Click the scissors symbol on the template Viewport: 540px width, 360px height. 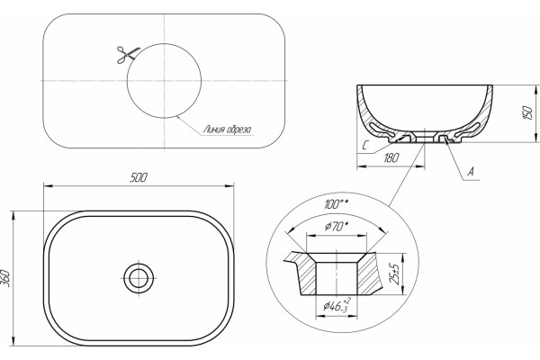click(127, 55)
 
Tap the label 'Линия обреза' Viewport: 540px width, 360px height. click(228, 130)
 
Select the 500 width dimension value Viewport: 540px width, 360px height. click(139, 177)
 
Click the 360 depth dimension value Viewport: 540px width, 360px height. click(7, 279)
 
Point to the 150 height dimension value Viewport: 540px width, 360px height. click(527, 112)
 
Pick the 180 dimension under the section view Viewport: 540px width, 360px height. click(391, 157)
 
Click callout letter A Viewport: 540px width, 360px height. click(471, 171)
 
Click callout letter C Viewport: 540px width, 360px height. click(366, 146)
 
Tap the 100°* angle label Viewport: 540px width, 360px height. click(336, 204)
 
